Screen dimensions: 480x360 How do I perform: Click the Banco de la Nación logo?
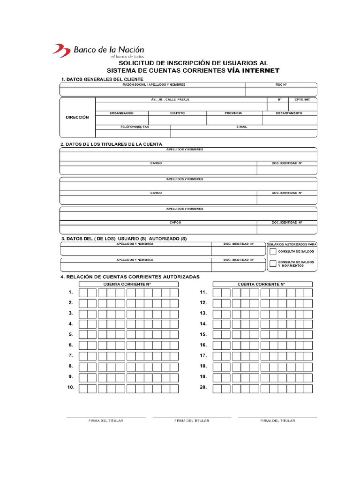(x=98, y=50)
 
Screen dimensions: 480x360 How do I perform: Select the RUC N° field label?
(x=281, y=85)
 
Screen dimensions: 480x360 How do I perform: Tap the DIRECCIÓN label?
(x=77, y=117)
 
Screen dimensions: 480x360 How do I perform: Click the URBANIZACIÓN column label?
(x=122, y=113)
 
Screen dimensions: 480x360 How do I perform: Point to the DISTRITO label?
(x=177, y=113)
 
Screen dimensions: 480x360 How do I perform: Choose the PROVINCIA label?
(x=233, y=113)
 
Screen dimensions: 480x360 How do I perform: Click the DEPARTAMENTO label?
(x=289, y=113)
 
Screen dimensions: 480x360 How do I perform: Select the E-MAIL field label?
(x=242, y=127)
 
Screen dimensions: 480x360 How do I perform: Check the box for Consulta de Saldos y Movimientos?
(x=273, y=263)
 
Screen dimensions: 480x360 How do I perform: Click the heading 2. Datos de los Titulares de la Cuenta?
(x=112, y=144)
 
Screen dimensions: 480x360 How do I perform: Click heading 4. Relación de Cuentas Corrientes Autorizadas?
(x=130, y=277)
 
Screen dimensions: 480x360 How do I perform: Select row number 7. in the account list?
(x=70, y=355)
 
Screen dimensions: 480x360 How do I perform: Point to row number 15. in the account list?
(x=203, y=334)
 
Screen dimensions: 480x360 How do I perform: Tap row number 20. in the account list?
(x=203, y=388)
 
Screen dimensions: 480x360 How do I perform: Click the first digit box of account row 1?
(x=83, y=292)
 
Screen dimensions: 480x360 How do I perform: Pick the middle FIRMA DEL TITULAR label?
(x=192, y=421)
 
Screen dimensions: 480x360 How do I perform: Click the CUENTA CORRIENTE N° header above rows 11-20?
(x=261, y=284)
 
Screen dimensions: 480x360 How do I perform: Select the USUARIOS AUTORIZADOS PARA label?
(x=292, y=244)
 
